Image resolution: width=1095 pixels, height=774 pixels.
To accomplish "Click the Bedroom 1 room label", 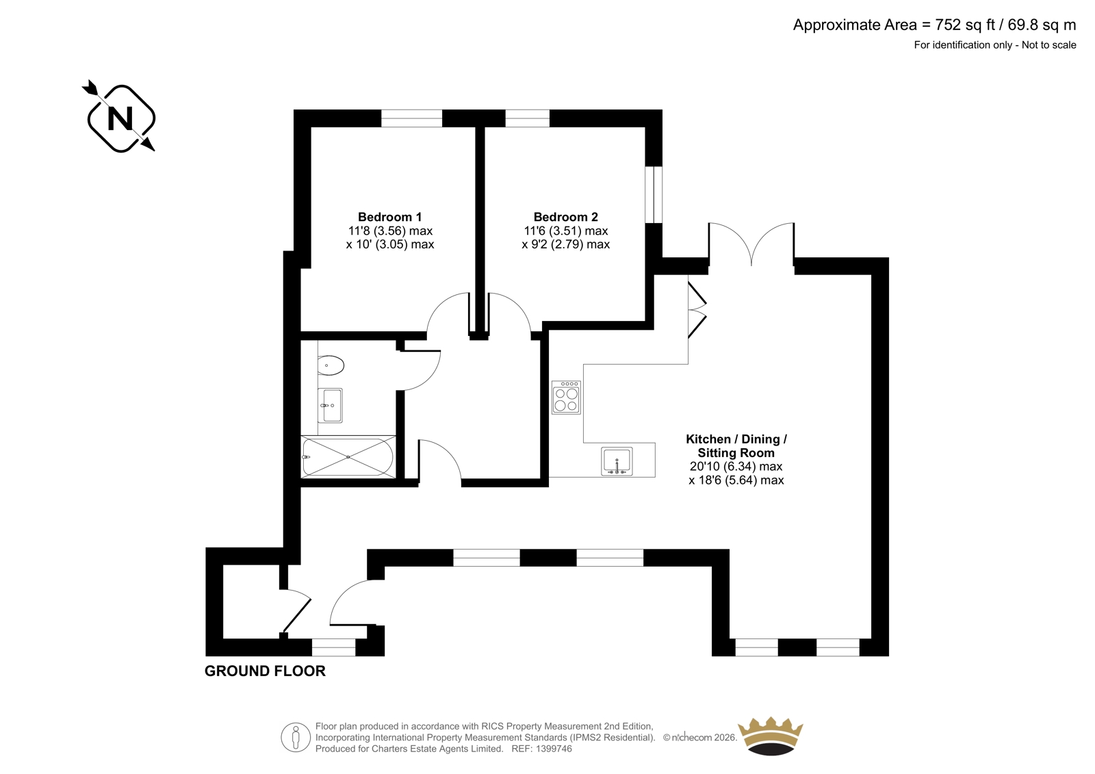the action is coord(389,217).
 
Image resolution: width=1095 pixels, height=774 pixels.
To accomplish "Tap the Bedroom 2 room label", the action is coord(565,217).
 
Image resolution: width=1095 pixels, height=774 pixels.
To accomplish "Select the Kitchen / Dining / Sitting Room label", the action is coord(736,446).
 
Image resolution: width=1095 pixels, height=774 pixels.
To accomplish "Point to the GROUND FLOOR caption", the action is coord(265,671).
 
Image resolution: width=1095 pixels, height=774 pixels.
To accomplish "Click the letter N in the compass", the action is coord(120,118).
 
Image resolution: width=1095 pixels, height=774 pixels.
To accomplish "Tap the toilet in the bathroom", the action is coord(331,365).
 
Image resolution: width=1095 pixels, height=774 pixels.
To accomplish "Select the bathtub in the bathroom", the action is coord(348,457).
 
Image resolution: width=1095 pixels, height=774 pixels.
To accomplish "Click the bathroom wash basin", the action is coord(330,405).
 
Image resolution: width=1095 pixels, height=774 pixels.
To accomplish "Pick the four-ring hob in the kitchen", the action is coord(567,398).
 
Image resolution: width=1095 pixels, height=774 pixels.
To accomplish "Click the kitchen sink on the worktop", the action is coord(617,461).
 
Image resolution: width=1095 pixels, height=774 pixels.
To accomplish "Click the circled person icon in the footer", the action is coord(296,737).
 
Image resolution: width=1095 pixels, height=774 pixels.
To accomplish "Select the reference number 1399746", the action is coord(554,749).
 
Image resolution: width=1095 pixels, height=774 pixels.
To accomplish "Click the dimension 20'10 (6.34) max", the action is coord(736,467).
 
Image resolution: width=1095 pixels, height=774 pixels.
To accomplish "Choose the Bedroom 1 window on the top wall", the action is coord(411,118).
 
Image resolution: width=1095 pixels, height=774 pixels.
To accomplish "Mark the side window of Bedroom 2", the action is coord(654,194).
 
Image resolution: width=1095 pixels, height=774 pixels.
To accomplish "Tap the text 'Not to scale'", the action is coord(1049,45).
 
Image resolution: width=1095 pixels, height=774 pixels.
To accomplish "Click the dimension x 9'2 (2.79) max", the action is coord(565,244).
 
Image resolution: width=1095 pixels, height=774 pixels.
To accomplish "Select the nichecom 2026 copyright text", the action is coord(700,738).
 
